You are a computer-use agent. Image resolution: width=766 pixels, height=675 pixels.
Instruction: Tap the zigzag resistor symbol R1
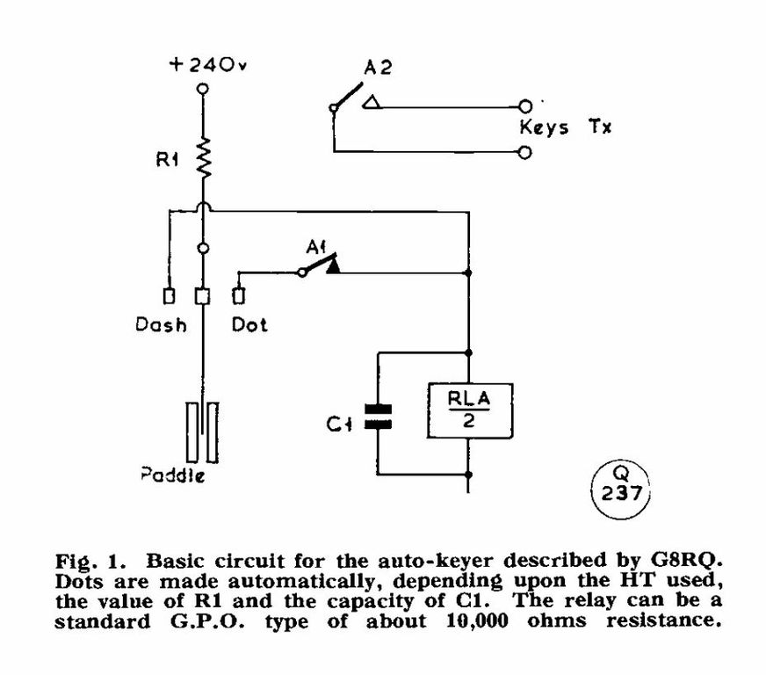[204, 158]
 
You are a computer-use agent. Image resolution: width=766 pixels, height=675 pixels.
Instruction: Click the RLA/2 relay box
[470, 410]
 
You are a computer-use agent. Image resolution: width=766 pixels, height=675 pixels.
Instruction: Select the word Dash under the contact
[161, 325]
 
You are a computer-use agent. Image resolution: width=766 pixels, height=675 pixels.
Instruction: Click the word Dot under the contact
[249, 325]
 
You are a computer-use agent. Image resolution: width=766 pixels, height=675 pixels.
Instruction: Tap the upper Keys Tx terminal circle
[525, 105]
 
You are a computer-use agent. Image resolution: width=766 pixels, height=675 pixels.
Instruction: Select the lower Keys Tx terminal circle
[525, 152]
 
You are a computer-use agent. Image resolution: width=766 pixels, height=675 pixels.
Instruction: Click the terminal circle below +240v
[204, 89]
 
